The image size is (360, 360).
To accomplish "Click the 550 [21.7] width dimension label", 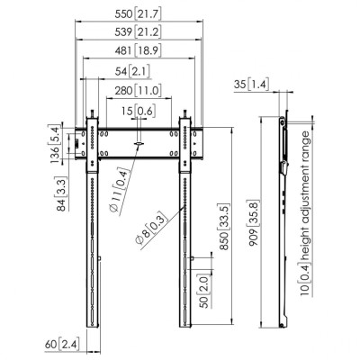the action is point(138,14).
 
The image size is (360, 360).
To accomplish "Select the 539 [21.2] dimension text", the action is point(138,31).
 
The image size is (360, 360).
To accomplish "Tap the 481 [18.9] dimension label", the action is point(138,50).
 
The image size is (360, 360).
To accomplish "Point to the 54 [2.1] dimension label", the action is point(132,71).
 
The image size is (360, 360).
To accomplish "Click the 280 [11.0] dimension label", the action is point(138,90).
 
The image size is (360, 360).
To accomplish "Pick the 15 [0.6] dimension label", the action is point(139,112).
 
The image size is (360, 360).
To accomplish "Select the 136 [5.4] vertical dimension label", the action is point(56,144).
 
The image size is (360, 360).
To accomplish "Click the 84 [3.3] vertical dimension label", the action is point(61,193).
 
